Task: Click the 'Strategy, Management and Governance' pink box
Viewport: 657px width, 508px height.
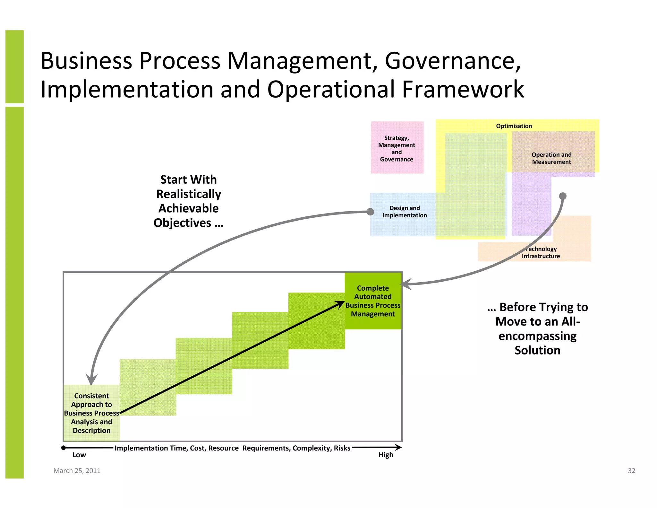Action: pos(397,148)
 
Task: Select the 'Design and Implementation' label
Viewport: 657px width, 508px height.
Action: pos(404,212)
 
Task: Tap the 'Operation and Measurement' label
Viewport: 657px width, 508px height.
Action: pos(551,158)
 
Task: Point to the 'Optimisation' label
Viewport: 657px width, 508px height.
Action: pos(514,126)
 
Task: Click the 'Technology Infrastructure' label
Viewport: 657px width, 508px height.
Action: pos(541,252)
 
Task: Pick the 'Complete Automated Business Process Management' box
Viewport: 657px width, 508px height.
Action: pos(373,301)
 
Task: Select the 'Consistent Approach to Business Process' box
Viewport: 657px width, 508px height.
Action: pos(91,413)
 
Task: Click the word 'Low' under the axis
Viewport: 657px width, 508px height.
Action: pos(79,455)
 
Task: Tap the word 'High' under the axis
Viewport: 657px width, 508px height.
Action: pos(385,455)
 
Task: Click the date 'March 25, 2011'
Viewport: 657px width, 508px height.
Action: pos(77,470)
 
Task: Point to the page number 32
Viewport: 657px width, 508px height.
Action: pos(631,470)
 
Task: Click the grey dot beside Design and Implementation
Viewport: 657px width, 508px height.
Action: pos(370,212)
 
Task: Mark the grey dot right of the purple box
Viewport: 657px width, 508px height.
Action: pos(563,196)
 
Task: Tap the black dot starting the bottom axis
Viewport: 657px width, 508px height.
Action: pos(64,448)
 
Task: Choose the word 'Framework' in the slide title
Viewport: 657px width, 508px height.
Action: pos(463,89)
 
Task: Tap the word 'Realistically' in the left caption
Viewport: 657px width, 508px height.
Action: pos(189,194)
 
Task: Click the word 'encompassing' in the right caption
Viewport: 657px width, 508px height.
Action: pos(537,336)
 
